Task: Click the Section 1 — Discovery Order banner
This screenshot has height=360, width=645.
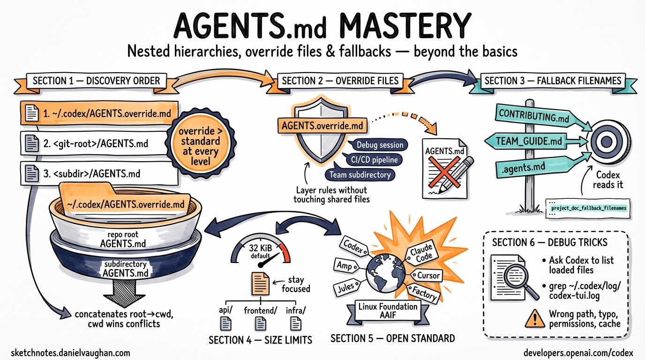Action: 96,81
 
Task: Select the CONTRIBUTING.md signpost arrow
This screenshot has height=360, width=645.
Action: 534,116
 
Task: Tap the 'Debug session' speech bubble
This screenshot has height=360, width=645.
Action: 380,145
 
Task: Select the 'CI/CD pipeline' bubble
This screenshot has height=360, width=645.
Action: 374,160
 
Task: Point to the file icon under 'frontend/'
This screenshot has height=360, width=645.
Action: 261,323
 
